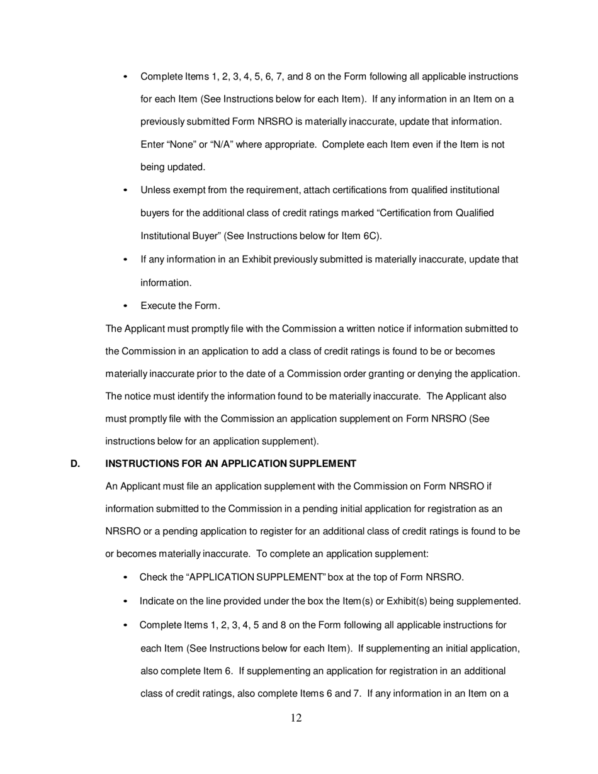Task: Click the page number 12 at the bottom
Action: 296,718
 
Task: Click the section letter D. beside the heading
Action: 76,464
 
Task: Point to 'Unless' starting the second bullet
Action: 155,190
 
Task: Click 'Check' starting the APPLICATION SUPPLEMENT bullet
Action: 153,578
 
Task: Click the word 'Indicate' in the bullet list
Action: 157,601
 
